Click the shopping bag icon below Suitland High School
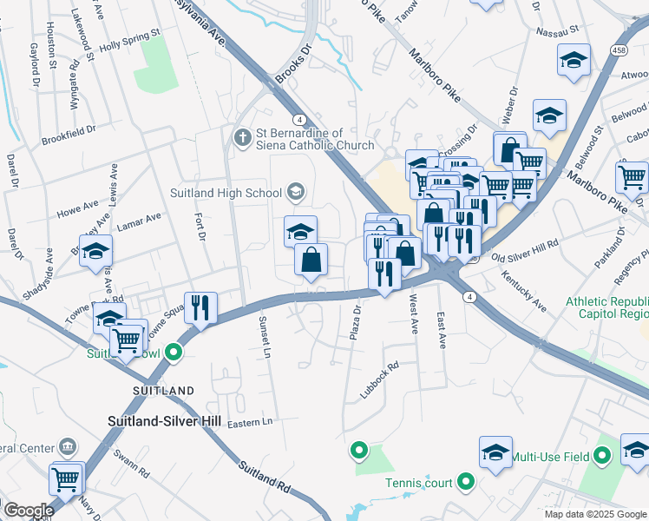[311, 259]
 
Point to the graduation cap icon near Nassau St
[574, 60]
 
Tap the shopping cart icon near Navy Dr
[66, 478]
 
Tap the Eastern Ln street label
[249, 421]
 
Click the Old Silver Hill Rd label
[524, 252]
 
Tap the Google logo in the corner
[29, 511]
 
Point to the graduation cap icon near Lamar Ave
[96, 250]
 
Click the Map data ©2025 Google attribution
[595, 514]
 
